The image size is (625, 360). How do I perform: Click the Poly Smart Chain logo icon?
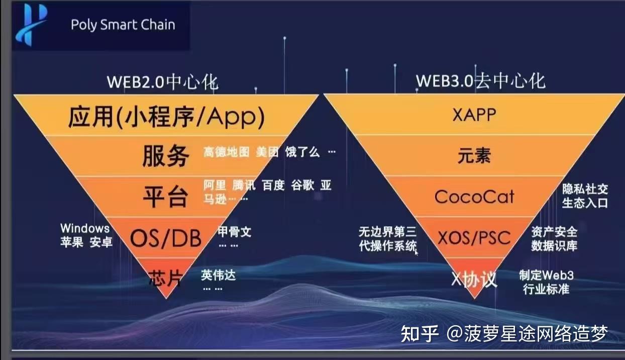click(31, 25)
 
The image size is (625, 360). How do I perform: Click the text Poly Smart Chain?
click(123, 25)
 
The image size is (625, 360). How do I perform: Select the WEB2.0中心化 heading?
click(163, 82)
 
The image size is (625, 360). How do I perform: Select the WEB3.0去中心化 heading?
click(480, 81)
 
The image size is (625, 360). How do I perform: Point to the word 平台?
click(165, 196)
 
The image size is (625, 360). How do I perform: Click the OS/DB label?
click(166, 238)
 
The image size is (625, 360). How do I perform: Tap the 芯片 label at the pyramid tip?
click(165, 278)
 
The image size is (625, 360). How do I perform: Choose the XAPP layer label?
click(474, 115)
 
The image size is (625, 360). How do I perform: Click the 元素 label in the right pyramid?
click(474, 156)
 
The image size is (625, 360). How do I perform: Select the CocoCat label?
click(474, 196)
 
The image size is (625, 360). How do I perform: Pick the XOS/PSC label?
click(474, 237)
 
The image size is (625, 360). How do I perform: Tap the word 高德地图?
click(226, 152)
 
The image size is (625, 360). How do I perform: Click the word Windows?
click(85, 229)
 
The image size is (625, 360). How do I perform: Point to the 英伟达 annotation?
click(218, 275)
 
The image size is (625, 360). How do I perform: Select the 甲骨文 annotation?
click(234, 232)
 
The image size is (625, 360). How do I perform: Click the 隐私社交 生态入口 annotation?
click(585, 196)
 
